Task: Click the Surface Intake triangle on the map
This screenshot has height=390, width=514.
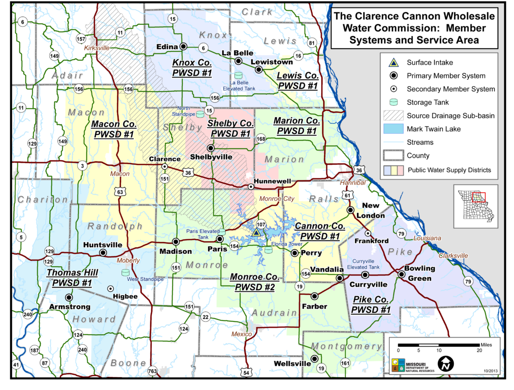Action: coord(256,232)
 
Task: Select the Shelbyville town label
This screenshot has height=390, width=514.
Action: coord(211,157)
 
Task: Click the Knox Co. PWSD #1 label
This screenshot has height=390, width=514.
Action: coord(192,68)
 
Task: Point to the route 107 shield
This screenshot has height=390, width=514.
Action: coord(260,224)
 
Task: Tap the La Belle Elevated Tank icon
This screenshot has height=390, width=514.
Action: coord(238,76)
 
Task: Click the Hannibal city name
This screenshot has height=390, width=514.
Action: coord(353,183)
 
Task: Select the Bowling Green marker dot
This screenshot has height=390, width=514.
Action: coord(401,275)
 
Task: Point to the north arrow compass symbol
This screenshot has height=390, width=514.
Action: coord(445,364)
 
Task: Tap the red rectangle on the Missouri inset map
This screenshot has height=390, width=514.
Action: coord(478,197)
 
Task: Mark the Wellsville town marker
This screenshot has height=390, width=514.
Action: coord(314,359)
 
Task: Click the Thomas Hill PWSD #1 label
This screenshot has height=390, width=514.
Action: coord(72,278)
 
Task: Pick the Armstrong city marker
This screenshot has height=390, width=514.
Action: coord(69,297)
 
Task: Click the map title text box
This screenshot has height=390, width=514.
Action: coord(414,28)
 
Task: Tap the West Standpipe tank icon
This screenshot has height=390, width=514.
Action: coord(125,272)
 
